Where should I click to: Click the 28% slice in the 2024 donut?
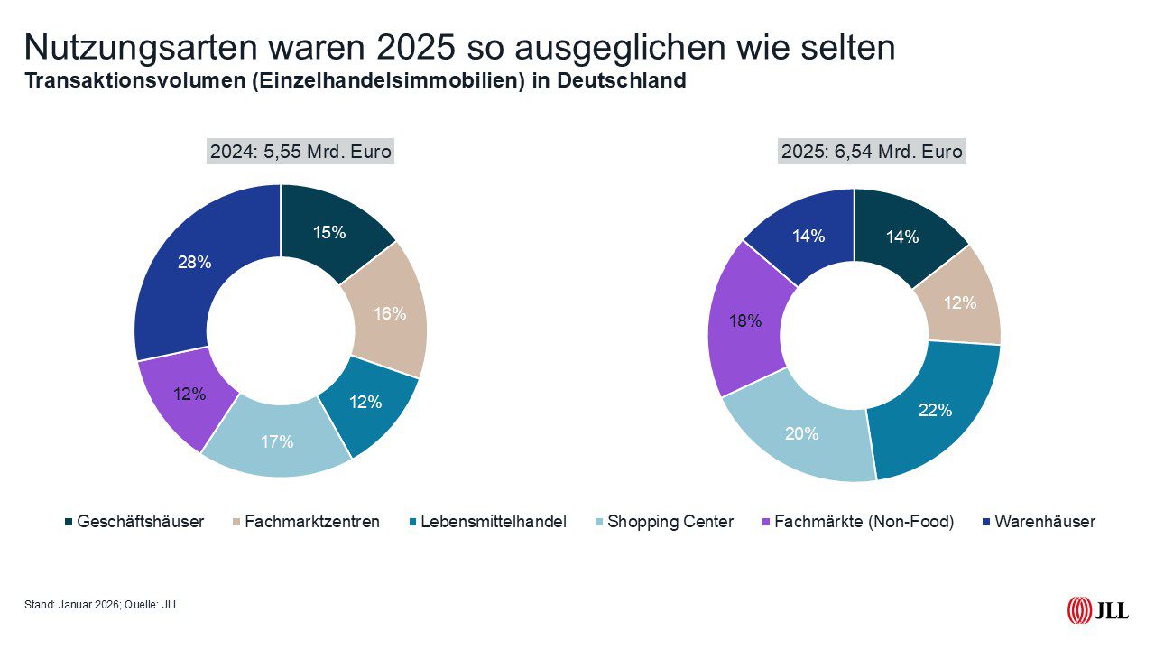[194, 263]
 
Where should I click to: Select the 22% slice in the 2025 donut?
[935, 410]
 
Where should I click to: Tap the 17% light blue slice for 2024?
[277, 441]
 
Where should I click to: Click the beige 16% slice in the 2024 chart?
[390, 313]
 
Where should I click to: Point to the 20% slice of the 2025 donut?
[801, 433]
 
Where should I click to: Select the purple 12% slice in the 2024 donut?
[190, 395]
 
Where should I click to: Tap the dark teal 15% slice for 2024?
[329, 232]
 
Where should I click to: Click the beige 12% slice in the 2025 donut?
[959, 302]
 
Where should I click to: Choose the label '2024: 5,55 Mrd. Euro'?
[300, 152]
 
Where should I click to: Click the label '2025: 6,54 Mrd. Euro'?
[872, 152]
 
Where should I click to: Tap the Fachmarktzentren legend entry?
[305, 522]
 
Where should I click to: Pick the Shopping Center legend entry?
[663, 522]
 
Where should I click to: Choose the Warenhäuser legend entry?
[1037, 522]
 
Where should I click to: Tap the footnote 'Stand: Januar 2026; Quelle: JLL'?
[102, 605]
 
